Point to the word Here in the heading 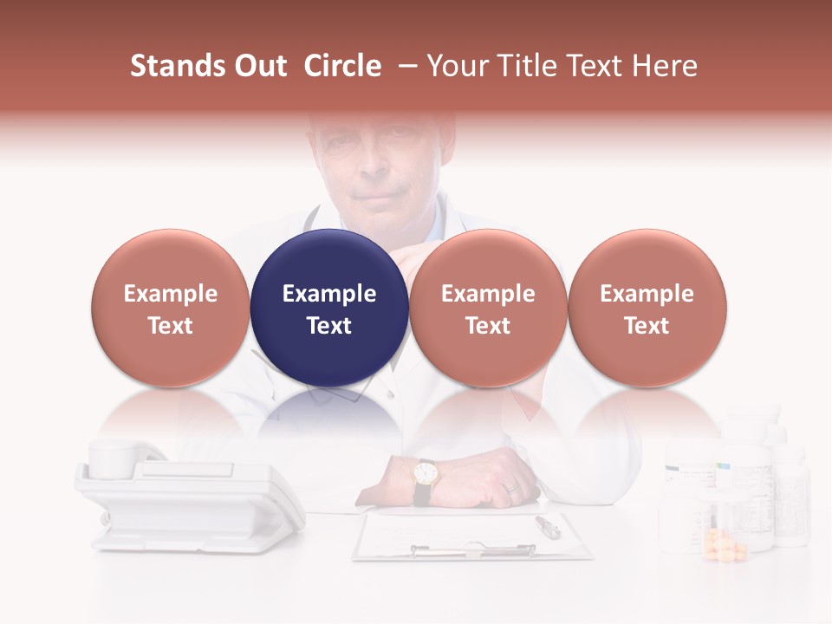pos(666,66)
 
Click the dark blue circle pos(329,308)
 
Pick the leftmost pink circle pos(171,308)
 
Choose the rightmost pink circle pos(647,308)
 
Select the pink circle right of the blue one pos(488,308)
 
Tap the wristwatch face pos(425,473)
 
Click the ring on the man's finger pos(512,487)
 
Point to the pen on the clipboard pos(548,525)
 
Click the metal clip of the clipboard pos(472,549)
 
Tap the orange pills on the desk pos(725,546)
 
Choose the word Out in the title pos(257,66)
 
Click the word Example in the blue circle pos(329,294)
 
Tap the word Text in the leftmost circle pos(171,325)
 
